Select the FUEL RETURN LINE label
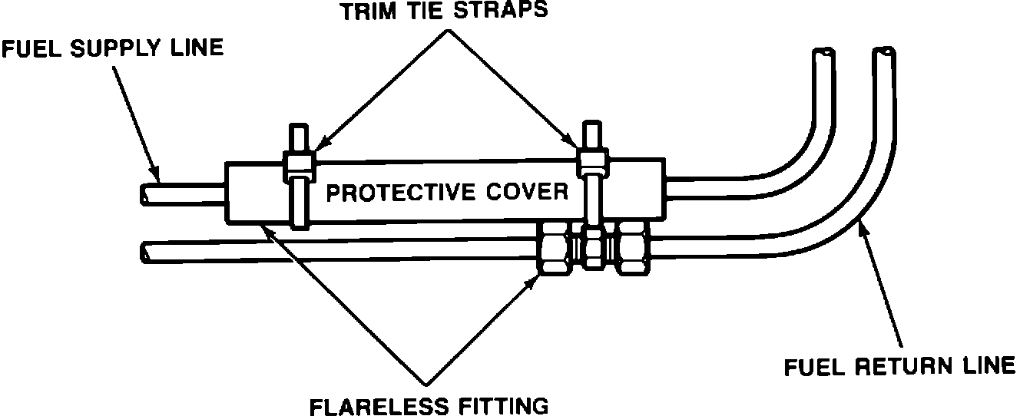[899, 367]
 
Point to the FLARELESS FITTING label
[429, 404]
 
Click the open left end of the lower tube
[146, 251]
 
